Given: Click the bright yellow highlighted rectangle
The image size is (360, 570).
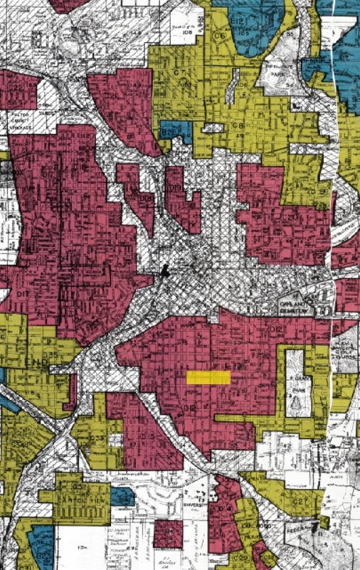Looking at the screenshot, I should (208, 378).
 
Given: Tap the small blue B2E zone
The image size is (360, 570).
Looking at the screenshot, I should (171, 132).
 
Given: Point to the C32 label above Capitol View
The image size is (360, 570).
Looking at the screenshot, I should (79, 486).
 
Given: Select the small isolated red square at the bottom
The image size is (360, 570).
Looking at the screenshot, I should (169, 534).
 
